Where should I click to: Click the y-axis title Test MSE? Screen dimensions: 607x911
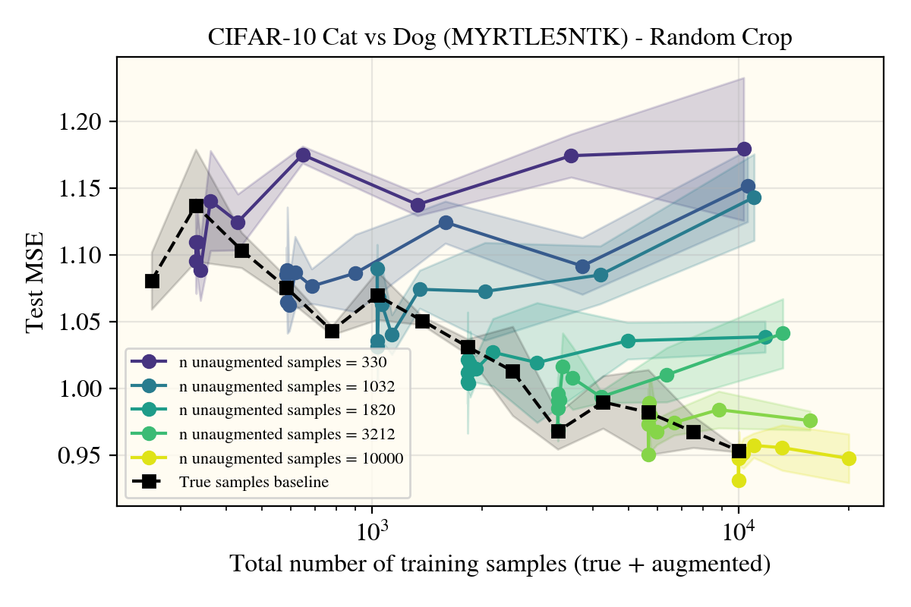tap(34, 281)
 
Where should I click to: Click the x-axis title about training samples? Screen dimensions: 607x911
tap(500, 565)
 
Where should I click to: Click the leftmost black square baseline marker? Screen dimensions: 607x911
tap(152, 281)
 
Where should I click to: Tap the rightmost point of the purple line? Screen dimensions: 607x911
tap(744, 149)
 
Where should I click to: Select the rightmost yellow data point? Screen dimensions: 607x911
tap(849, 458)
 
